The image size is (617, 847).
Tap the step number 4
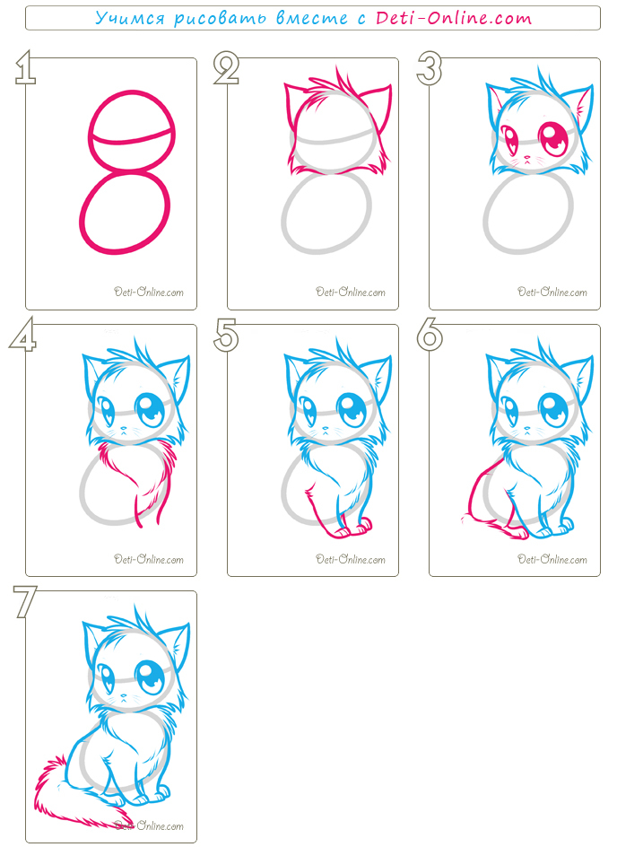[x=22, y=334]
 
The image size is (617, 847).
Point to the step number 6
[x=430, y=334]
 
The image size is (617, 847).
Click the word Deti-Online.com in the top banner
[x=454, y=18]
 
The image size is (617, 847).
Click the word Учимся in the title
[x=130, y=18]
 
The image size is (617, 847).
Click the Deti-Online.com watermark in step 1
[x=149, y=293]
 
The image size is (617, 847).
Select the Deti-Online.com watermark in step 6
[x=552, y=559]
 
